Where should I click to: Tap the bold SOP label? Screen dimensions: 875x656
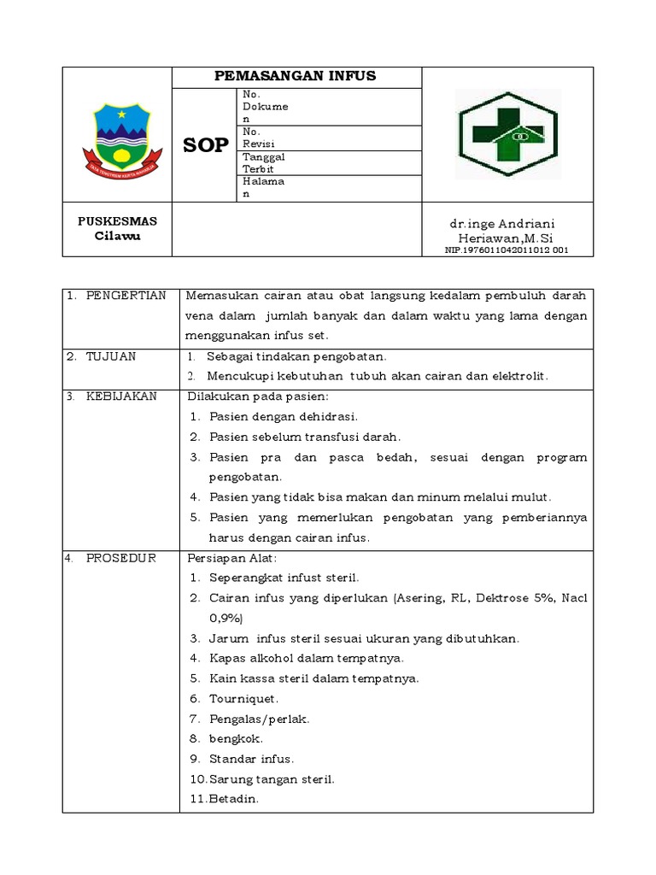206,145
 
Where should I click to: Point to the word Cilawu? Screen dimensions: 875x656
118,236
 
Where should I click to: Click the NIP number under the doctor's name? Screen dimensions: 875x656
507,250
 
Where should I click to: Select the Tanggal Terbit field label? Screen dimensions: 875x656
264,163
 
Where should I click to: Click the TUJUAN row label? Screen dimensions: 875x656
110,356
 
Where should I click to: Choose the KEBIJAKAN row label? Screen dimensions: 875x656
120,396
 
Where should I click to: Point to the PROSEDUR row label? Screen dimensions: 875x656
120,558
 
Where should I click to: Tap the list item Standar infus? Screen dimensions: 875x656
251,759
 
